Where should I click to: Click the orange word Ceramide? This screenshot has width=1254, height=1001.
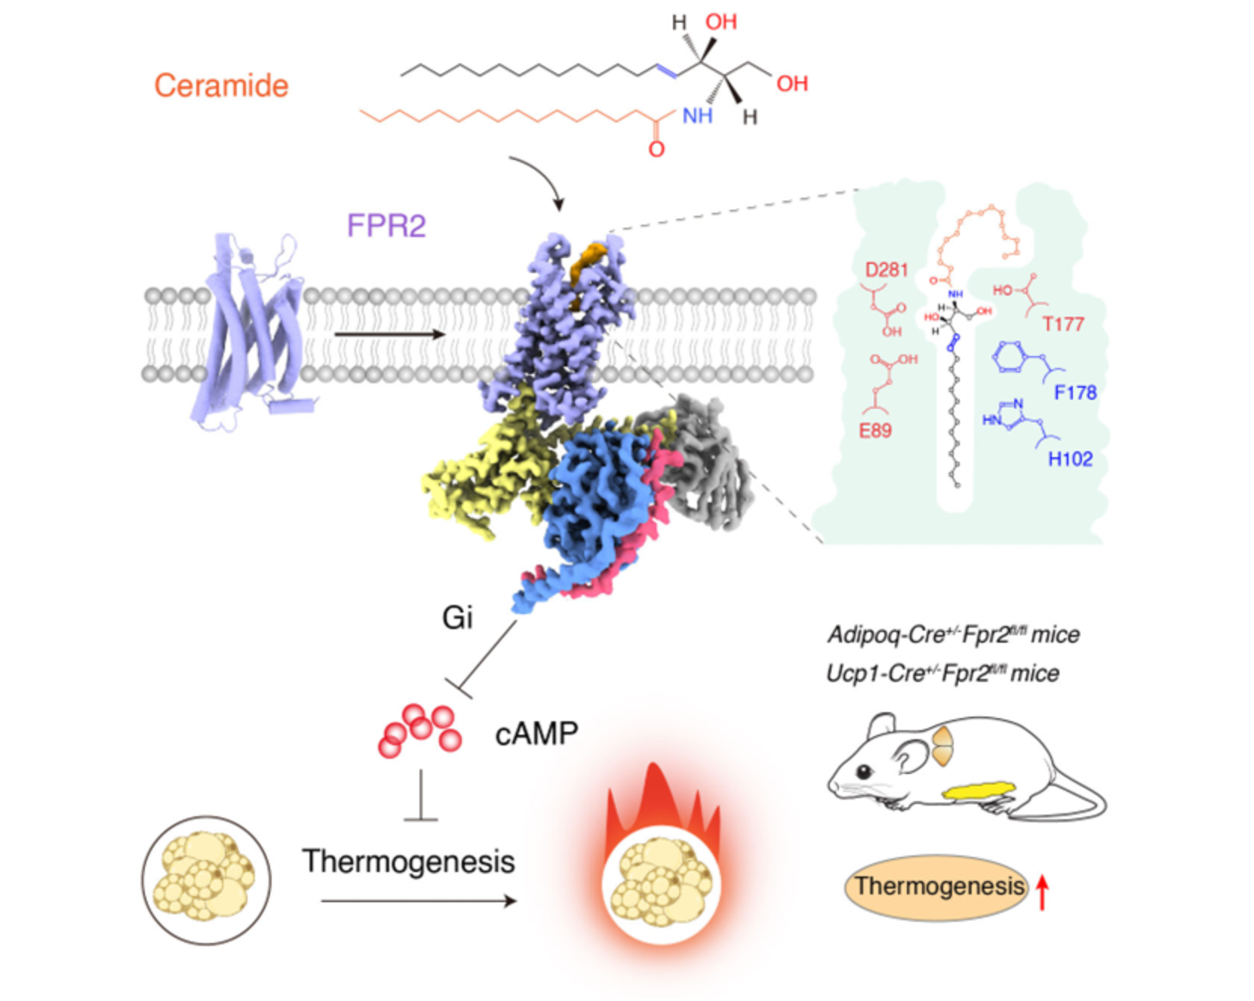coord(221,85)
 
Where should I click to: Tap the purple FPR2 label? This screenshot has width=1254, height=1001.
coord(386,226)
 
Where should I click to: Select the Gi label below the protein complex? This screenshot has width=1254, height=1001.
coord(457,618)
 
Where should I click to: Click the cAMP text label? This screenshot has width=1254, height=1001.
coord(536,733)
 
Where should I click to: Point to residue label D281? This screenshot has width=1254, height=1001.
coord(886,270)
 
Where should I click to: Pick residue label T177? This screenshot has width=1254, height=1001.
coord(1063,324)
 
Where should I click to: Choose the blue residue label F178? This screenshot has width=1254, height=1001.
coord(1075,392)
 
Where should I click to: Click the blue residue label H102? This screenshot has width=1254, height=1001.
coord(1070,459)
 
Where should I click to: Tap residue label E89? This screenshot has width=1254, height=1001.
coord(875,431)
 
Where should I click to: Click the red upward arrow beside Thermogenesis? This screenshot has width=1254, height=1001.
coord(1042,892)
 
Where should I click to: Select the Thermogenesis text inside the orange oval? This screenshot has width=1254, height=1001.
coord(939,886)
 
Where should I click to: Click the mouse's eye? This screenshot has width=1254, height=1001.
coord(862,772)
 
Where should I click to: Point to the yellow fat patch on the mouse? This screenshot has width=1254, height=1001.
coord(979,791)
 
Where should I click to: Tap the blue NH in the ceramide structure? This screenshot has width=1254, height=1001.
coord(697,115)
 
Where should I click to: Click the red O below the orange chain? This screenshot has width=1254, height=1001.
coord(656,149)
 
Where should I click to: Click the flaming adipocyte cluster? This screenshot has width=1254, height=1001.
coord(661,883)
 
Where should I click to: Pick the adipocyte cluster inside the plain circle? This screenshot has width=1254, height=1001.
coord(206,879)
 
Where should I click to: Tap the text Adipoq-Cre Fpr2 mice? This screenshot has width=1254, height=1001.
coord(953,634)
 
